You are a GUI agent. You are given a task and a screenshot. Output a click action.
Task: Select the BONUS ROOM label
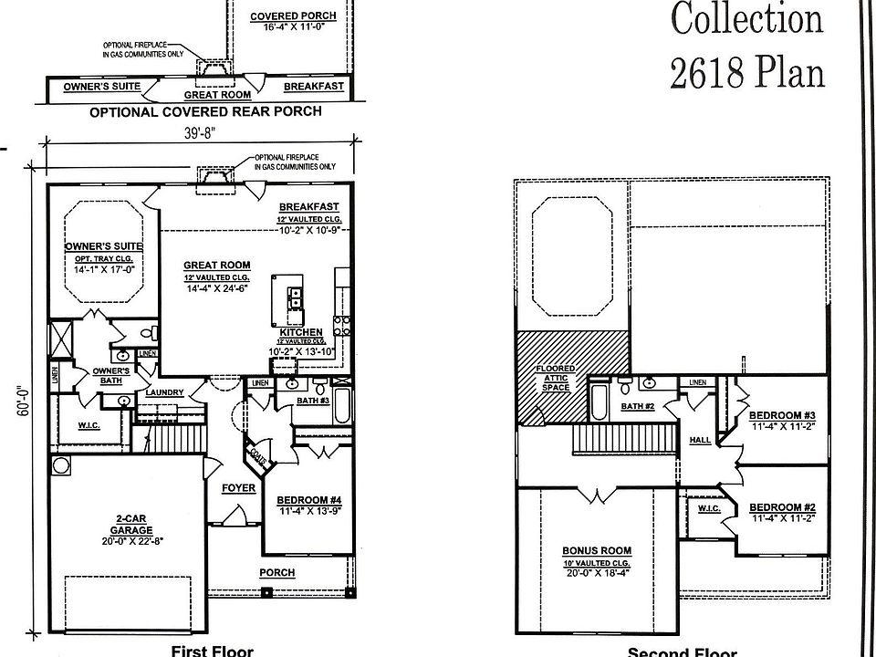point(597,550)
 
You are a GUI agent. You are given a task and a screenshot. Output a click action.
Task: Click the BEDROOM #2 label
point(782,506)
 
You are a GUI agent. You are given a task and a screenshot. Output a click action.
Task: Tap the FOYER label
point(238,488)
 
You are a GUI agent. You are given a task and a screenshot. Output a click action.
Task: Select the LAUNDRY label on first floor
point(164,392)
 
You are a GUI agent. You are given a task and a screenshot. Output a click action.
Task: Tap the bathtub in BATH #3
point(340,406)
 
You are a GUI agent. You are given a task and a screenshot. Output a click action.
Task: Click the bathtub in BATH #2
point(600,401)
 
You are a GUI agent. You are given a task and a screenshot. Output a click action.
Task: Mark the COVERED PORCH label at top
point(292,16)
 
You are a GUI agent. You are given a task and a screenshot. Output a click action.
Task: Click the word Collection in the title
point(747,18)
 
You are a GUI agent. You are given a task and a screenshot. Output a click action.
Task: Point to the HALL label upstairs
point(700,439)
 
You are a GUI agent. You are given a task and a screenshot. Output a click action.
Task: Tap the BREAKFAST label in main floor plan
point(309,207)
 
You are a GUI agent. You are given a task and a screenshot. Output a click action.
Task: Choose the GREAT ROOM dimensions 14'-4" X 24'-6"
point(216,288)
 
